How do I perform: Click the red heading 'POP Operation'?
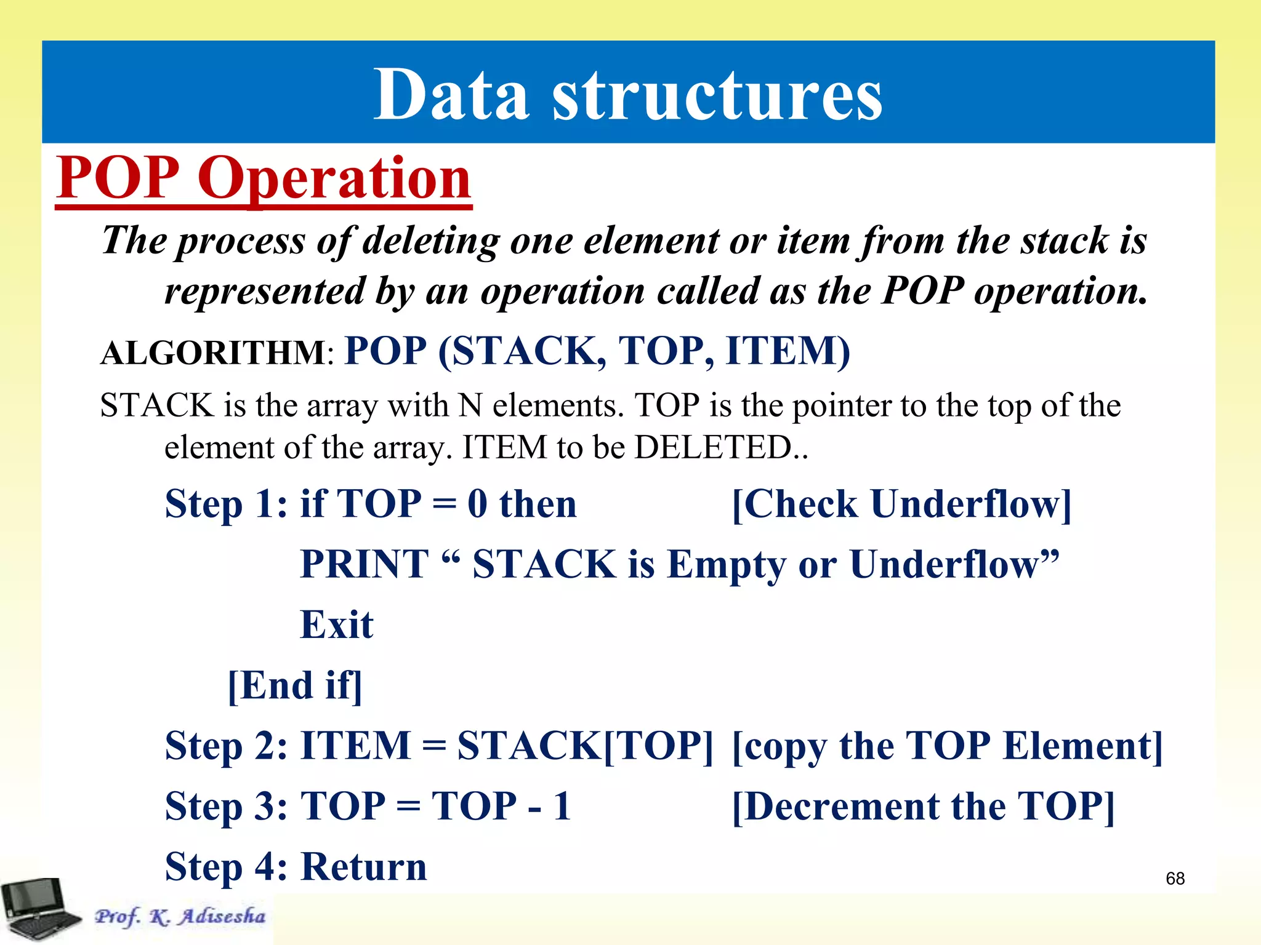pos(264,178)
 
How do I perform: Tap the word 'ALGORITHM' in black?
pos(212,354)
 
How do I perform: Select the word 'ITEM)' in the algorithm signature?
pos(788,351)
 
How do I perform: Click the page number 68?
pos(1175,879)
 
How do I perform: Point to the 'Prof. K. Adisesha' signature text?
pos(180,917)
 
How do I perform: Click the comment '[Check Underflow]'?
pos(901,504)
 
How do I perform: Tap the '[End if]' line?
pos(295,686)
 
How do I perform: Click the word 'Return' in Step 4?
pos(363,867)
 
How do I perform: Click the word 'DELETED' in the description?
pos(714,447)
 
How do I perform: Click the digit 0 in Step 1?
pos(477,504)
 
